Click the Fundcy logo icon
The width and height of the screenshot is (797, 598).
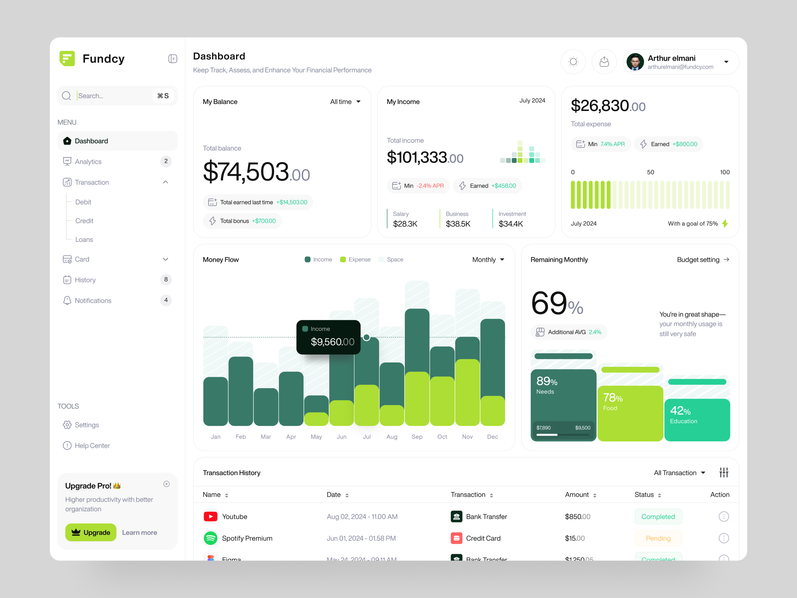tap(67, 58)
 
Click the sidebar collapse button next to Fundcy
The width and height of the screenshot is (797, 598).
tap(173, 59)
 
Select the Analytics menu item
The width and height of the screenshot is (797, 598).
tap(88, 161)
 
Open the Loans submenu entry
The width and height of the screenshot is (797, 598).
tap(84, 239)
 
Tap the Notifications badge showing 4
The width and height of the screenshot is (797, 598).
tap(166, 300)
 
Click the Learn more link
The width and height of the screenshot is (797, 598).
tap(139, 533)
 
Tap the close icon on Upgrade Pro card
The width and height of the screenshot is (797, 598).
tap(166, 484)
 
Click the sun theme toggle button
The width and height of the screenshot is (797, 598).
tap(573, 62)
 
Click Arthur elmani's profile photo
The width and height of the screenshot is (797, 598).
tap(635, 62)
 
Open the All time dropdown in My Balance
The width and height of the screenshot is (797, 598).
tap(345, 102)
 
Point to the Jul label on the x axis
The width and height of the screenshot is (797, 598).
tap(366, 437)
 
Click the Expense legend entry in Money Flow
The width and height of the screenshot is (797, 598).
tap(355, 259)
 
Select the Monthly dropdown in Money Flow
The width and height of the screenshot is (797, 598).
tap(488, 259)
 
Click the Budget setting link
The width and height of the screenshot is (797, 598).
tap(703, 259)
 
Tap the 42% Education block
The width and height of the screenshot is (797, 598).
tap(697, 420)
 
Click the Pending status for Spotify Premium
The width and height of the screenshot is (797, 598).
tap(658, 538)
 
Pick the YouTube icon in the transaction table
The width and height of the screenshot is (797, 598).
tap(211, 517)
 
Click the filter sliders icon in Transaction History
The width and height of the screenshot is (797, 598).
tap(724, 472)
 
